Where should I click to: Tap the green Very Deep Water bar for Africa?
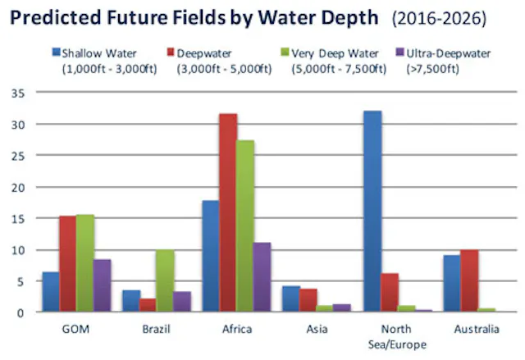[x=244, y=226]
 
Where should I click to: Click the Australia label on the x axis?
[x=475, y=330]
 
